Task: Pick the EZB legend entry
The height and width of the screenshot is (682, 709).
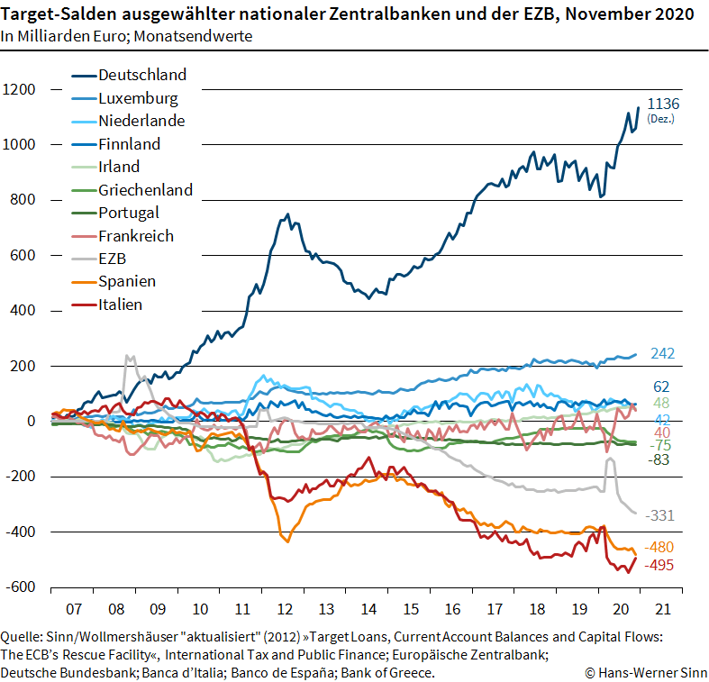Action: point(114,259)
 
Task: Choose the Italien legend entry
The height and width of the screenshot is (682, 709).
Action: point(121,305)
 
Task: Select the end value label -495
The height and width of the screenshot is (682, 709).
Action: point(659,565)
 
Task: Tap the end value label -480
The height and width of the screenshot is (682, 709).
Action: point(659,547)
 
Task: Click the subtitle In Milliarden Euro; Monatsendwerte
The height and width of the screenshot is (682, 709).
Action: point(126,36)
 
